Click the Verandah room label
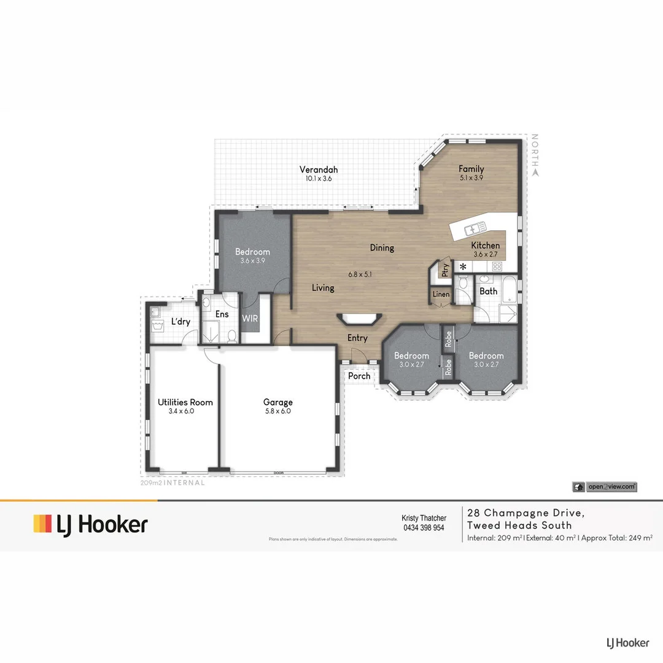319,170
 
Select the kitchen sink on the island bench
473,230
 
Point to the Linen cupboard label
441,295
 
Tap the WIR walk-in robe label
250,319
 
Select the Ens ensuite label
222,314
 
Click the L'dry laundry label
180,322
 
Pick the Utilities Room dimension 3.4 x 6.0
181,411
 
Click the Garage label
278,403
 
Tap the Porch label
359,376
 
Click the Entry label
357,338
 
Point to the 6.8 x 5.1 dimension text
360,274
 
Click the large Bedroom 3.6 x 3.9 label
252,252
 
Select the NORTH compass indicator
535,154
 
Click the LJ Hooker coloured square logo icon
42,524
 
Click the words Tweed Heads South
519,525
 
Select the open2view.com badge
605,487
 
